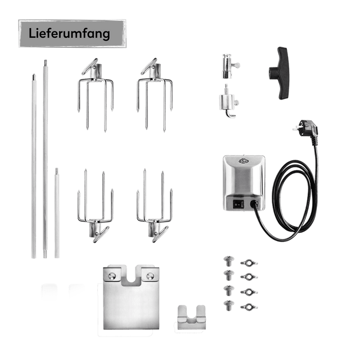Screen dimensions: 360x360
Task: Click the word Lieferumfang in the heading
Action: coord(69,34)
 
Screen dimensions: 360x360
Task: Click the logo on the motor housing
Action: coord(244,161)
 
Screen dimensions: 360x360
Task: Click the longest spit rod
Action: coord(46,159)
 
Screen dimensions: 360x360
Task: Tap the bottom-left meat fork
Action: coord(96,205)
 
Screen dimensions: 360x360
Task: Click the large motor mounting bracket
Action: coord(131,299)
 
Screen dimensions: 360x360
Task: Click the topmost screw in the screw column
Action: coord(229,261)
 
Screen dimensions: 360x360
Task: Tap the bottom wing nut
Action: coord(249,307)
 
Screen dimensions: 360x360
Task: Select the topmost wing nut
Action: coord(249,263)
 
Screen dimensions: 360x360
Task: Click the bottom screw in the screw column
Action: coord(229,305)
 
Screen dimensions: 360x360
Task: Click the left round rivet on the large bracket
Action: coord(112,276)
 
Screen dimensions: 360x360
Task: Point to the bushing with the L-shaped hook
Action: coord(228,101)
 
